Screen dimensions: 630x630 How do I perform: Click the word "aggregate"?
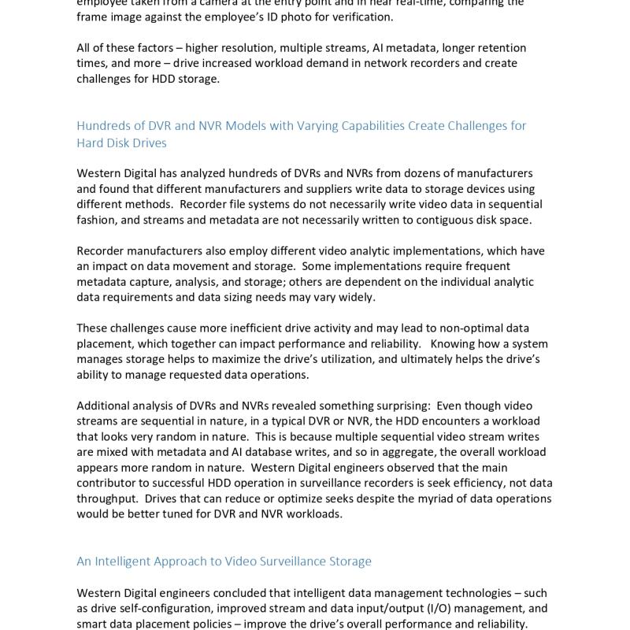point(408,452)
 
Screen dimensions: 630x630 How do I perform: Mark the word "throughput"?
point(109,498)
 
